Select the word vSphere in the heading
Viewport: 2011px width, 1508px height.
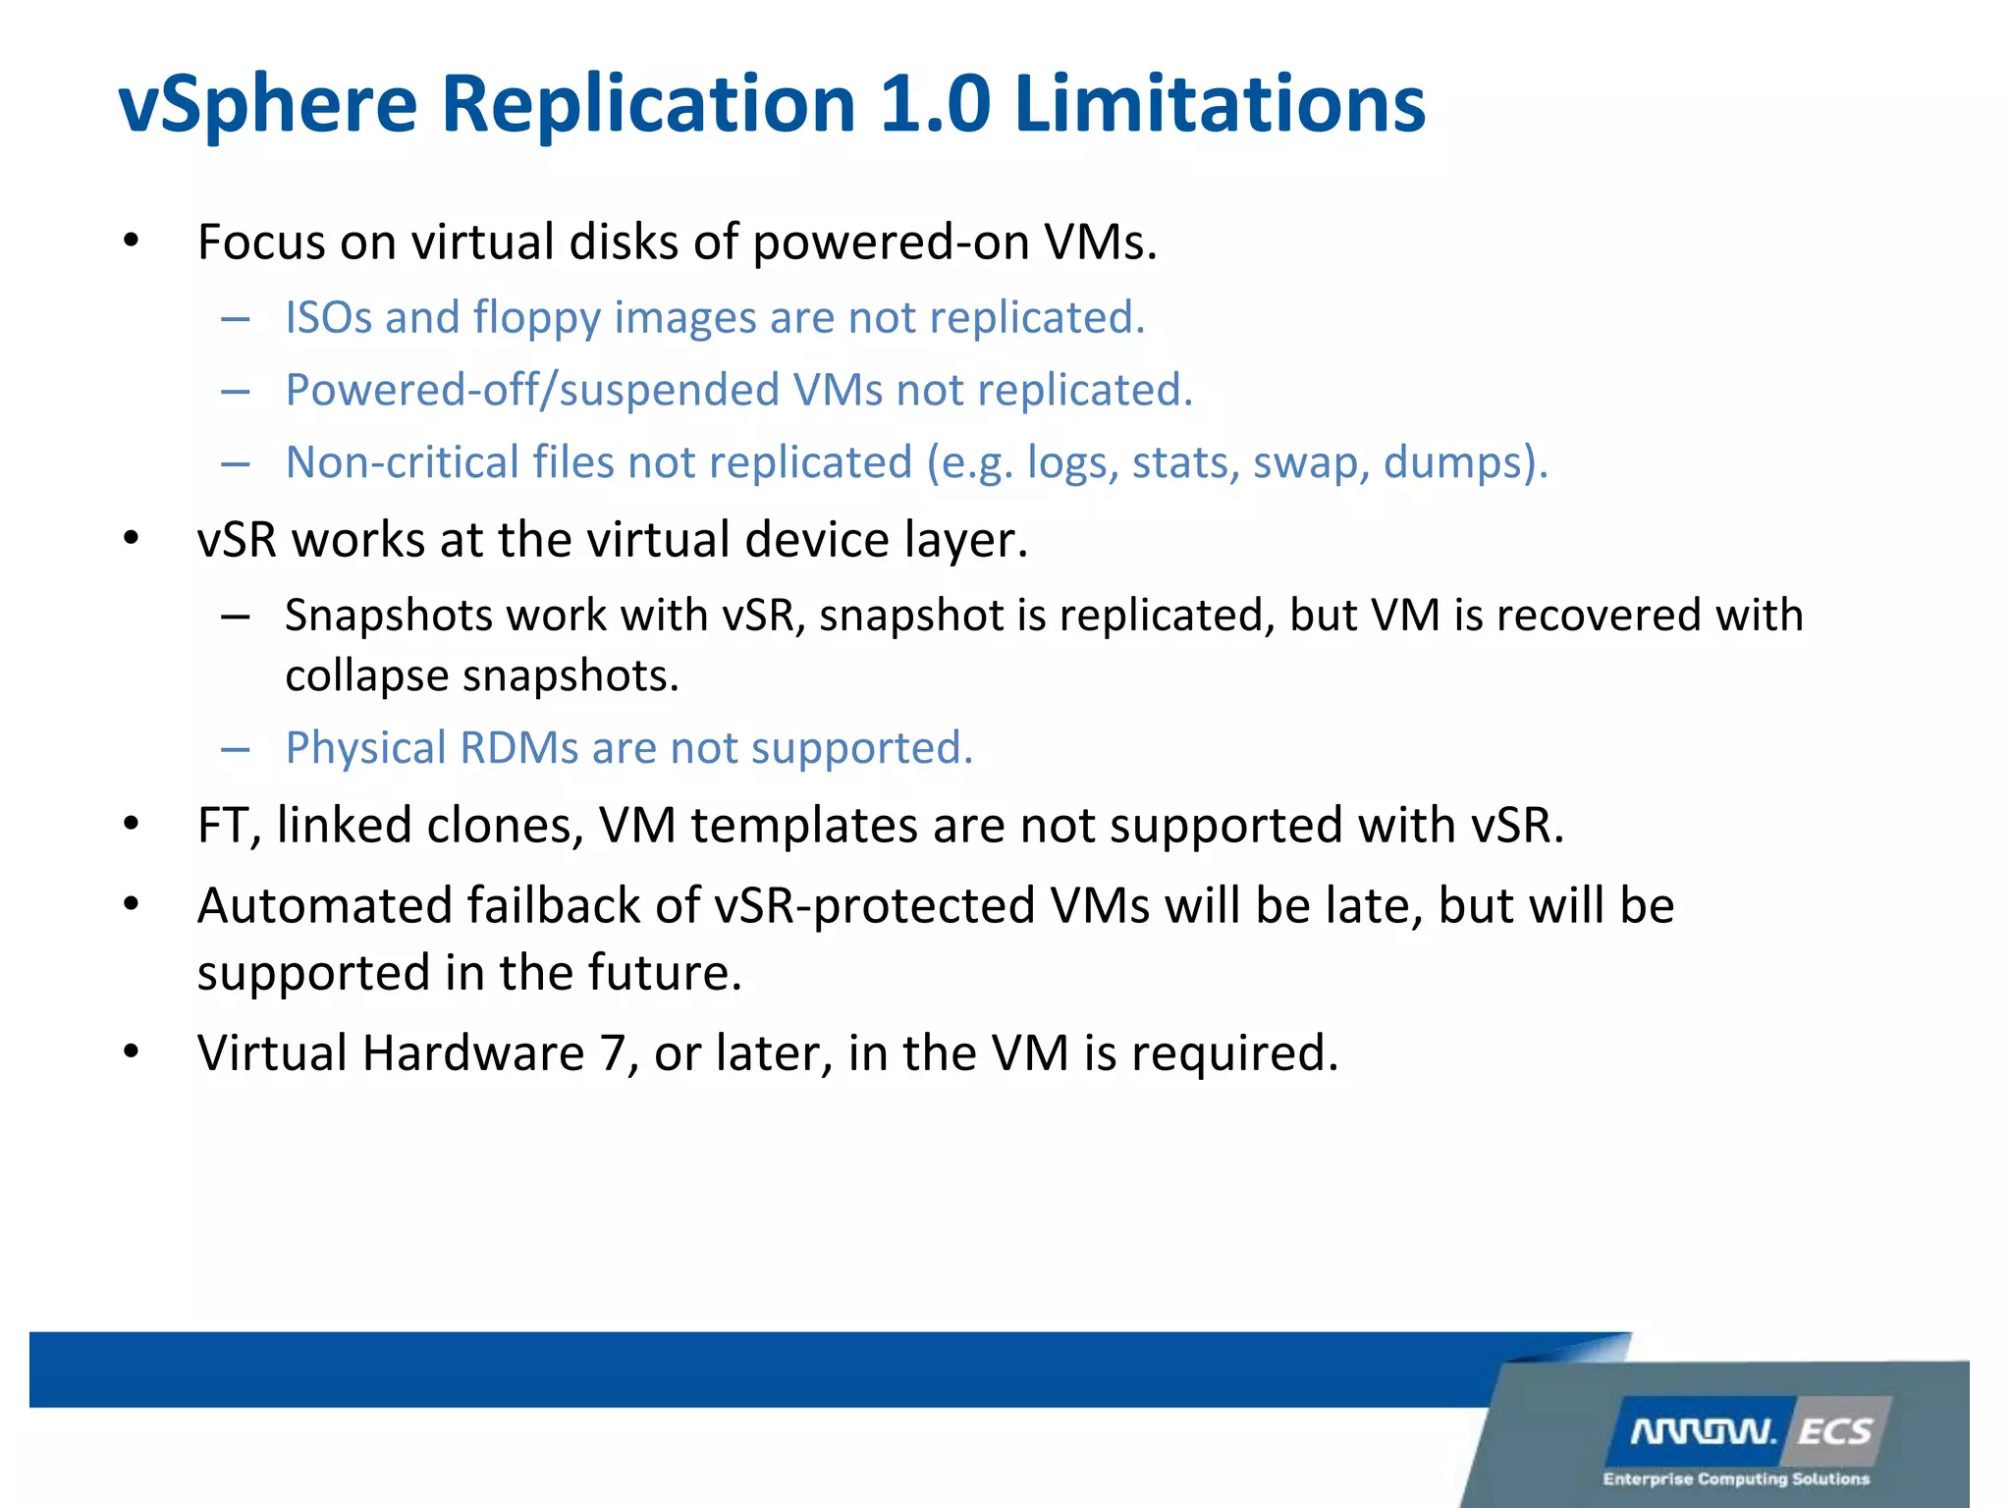[268, 106]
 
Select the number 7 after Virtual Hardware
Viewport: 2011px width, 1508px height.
[612, 1053]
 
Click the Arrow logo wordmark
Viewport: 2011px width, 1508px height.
[1703, 1432]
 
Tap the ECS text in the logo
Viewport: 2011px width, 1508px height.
[1834, 1432]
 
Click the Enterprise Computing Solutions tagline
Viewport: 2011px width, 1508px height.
[1735, 1479]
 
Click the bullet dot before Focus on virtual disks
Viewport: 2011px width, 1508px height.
[131, 241]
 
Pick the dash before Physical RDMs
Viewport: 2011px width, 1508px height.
[235, 750]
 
